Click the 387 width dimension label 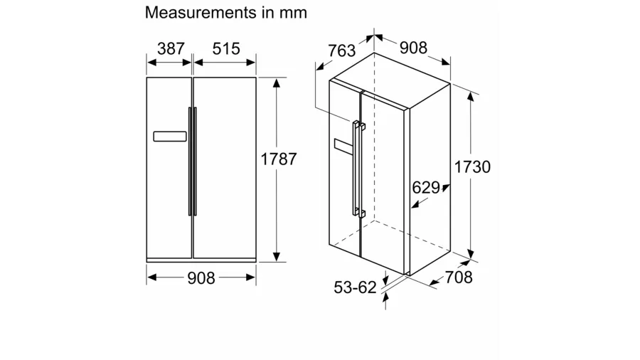171,48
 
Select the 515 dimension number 226,48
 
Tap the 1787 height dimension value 279,159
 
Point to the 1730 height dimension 472,167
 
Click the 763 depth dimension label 342,51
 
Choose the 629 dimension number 426,188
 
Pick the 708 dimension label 459,277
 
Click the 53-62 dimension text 355,287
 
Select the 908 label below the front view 201,278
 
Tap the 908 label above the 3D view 413,48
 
